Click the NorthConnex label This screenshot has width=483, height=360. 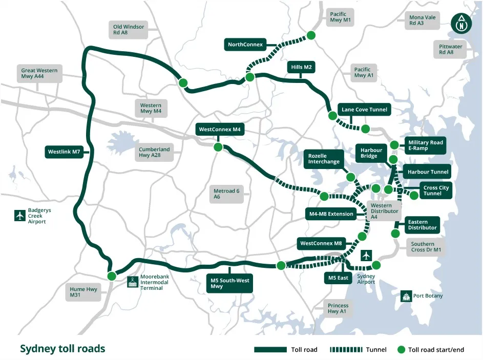click(245, 45)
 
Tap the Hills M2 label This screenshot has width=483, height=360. click(302, 68)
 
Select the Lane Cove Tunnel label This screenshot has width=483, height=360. click(364, 110)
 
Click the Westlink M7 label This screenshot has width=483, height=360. click(64, 152)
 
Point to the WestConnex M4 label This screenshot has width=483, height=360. click(220, 130)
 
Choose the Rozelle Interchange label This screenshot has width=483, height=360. click(324, 159)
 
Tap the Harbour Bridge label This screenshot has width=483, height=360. click(368, 153)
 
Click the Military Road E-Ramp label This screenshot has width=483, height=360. click(425, 145)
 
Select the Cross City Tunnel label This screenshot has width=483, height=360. click(436, 190)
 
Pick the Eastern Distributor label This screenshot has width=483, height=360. click(422, 224)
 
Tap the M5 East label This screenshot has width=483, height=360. click(338, 278)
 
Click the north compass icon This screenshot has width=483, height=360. click(461, 23)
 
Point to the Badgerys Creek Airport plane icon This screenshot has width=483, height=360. click(20, 215)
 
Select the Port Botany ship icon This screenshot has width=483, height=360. click(406, 296)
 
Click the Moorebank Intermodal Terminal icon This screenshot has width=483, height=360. click(133, 282)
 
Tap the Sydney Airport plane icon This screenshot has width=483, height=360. click(366, 256)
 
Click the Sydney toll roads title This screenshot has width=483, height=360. click(62, 349)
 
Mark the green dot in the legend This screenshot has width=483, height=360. click(401, 350)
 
